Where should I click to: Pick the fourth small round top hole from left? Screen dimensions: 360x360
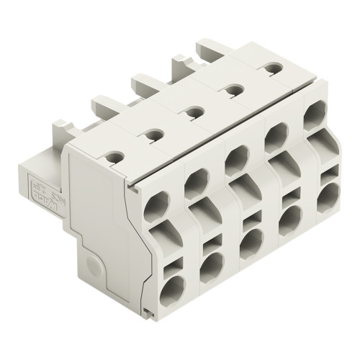click(x=230, y=89)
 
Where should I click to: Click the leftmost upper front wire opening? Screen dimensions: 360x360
click(x=156, y=208)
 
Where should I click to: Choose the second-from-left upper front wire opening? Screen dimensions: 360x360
click(x=194, y=186)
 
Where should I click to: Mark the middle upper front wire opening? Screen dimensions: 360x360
click(x=234, y=163)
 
